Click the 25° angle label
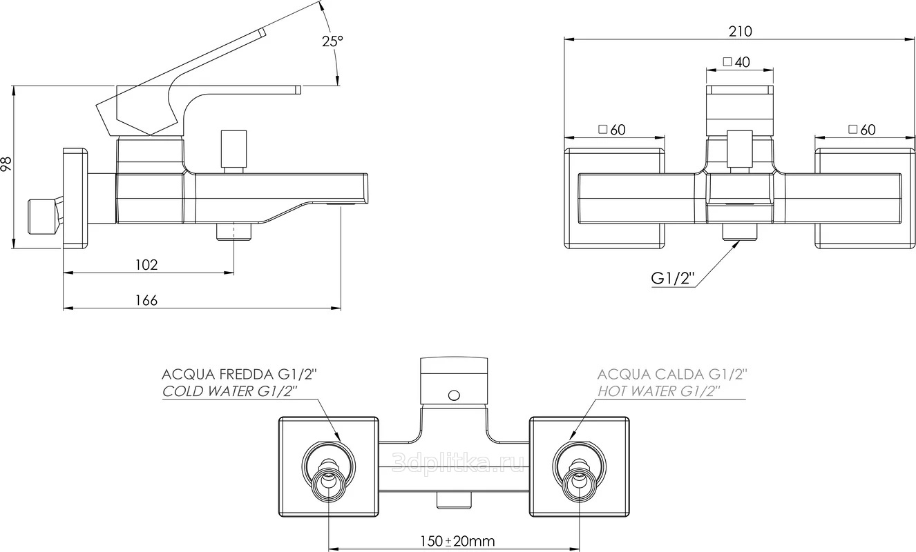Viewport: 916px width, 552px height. pos(332,41)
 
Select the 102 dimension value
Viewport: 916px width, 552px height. pos(146,265)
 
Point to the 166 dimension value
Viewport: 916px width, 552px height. pos(146,300)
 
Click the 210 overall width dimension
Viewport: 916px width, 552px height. pos(740,32)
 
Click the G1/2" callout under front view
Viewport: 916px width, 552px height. pos(673,279)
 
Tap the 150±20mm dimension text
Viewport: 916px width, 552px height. pos(457,542)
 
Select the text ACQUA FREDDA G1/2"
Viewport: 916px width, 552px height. pos(240,374)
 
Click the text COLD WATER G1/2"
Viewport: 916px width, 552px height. pos(229,391)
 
